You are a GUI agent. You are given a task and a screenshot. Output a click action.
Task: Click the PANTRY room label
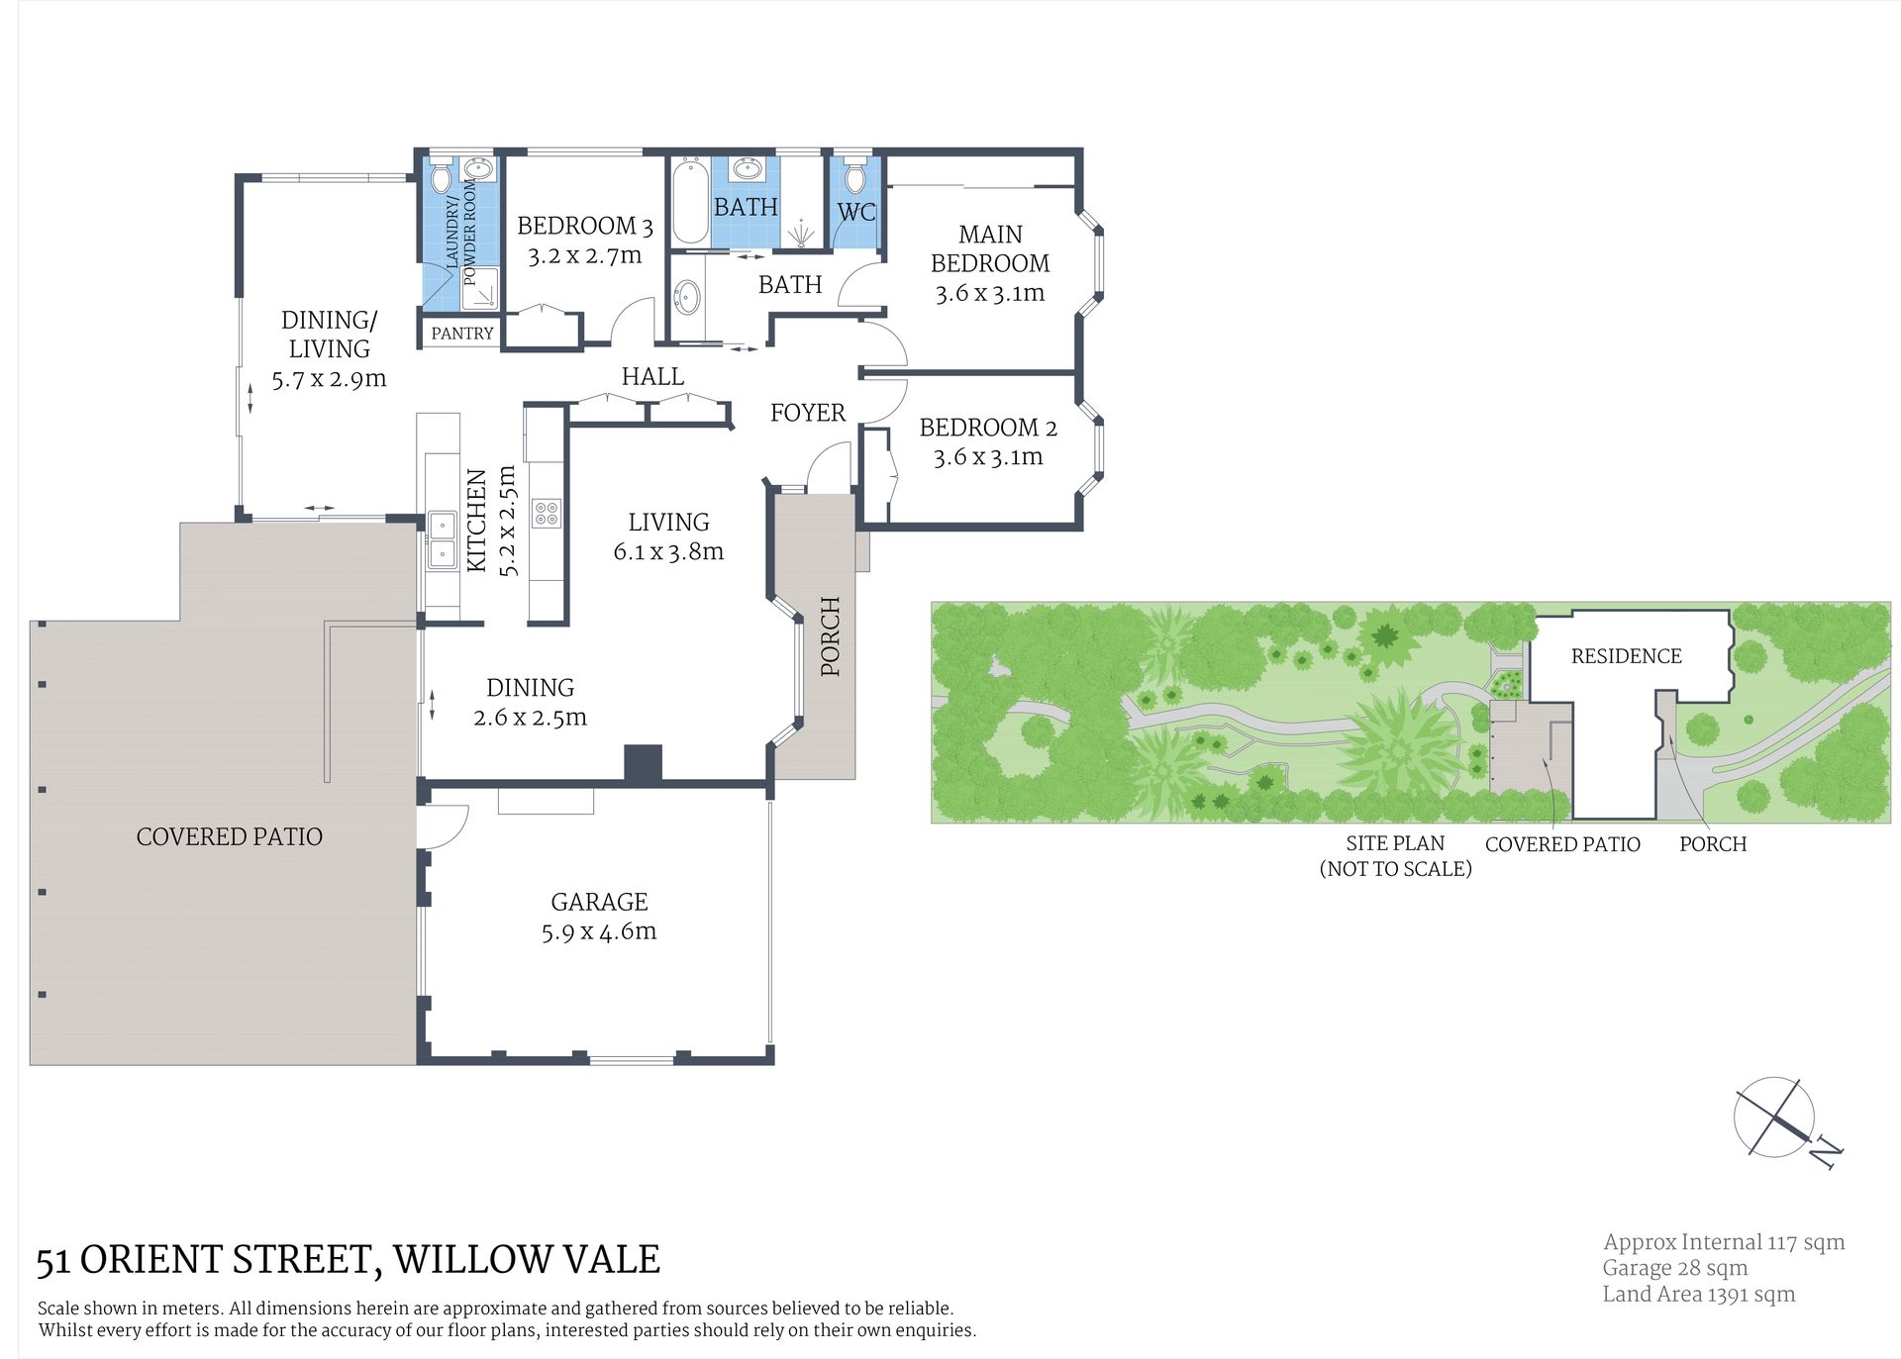coord(461,334)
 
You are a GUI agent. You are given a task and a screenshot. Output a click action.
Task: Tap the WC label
coord(856,212)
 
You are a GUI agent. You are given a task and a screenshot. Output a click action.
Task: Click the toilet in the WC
coord(854,175)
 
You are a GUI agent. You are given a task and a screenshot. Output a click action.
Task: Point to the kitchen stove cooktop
coord(547,513)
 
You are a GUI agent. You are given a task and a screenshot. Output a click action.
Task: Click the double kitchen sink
coord(442,539)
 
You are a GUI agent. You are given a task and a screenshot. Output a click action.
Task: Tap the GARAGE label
coord(599,902)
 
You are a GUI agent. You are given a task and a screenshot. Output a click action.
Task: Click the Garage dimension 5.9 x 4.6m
coord(599,931)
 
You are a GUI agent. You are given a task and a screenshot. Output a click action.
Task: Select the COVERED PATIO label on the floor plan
coord(230,836)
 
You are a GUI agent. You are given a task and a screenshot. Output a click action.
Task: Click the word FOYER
coord(808,413)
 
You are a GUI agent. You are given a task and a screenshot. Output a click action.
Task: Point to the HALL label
coord(652,376)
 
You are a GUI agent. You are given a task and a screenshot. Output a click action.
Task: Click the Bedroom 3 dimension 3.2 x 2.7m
coord(584,255)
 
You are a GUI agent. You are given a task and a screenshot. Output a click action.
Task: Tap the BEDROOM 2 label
coord(988,428)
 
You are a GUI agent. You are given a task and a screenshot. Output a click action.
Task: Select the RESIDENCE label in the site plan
coord(1627,656)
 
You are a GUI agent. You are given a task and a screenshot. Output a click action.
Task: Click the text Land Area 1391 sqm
coord(1699,1294)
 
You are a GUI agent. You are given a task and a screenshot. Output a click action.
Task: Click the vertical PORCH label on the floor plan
coord(831,636)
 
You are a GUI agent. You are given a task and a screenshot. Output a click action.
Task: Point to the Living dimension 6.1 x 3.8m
coord(668,551)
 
